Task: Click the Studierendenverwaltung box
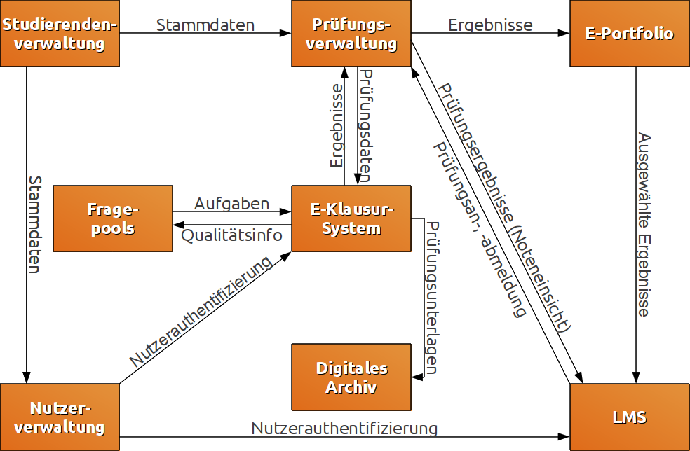[59, 34]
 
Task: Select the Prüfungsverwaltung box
[351, 34]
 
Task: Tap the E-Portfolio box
[629, 34]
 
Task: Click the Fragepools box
[113, 218]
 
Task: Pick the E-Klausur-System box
[351, 218]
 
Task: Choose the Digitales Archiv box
[351, 377]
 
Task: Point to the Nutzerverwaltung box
[59, 417]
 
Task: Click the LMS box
[629, 417]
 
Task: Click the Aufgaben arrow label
[231, 204]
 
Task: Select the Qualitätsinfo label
[232, 235]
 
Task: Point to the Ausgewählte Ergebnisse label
[644, 224]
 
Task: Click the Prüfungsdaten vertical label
[365, 126]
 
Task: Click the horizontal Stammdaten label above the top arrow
[205, 25]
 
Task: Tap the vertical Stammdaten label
[34, 224]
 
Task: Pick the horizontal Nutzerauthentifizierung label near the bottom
[344, 428]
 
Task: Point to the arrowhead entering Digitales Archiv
[417, 377]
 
